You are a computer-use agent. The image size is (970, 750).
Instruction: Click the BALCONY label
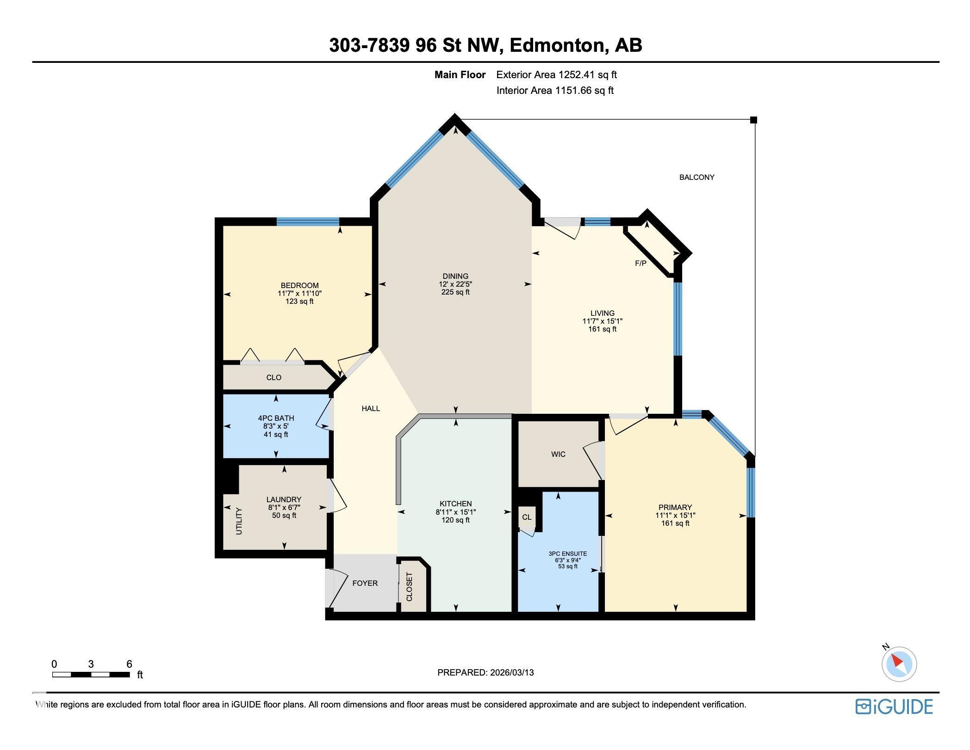pos(696,177)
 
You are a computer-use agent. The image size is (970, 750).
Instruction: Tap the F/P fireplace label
pos(640,264)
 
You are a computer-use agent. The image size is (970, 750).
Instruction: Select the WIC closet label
pos(558,454)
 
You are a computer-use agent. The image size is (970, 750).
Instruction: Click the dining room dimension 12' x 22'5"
pos(455,284)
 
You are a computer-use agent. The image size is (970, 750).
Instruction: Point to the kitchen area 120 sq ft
pos(455,520)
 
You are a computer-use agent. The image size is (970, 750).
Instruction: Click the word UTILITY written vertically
pos(239,521)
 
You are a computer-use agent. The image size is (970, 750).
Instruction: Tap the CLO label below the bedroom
pos(274,378)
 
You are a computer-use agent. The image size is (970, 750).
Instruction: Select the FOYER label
pos(365,584)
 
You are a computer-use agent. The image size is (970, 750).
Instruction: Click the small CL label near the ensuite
pos(527,517)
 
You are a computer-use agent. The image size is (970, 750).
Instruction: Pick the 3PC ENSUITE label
pos(567,553)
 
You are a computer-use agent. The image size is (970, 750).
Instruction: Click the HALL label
pos(371,408)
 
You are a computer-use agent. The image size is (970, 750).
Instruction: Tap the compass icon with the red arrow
pos(899,664)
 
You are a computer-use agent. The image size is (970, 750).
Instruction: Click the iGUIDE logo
pos(894,707)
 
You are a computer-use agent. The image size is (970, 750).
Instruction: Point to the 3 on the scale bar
pos(91,664)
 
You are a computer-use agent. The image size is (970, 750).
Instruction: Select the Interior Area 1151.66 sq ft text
pos(555,91)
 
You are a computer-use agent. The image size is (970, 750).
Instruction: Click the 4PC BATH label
pos(276,418)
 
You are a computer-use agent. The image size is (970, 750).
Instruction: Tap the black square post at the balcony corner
pos(753,120)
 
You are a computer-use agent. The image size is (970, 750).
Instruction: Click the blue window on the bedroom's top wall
pos(308,221)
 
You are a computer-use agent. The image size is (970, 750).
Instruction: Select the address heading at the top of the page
pos(485,45)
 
